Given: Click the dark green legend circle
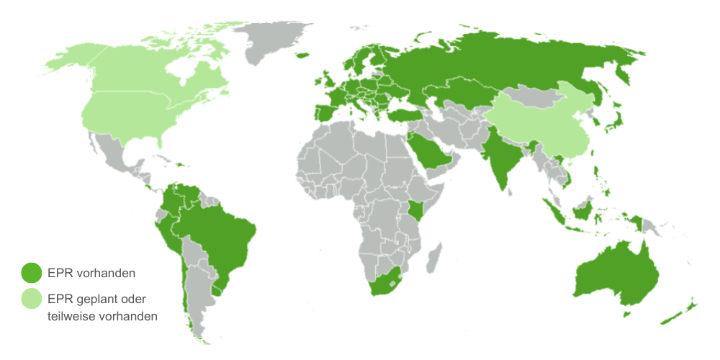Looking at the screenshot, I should pos(31,273).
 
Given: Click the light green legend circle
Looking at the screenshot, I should pos(31,298).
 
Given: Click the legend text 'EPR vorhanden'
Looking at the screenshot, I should pos(91,274).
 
